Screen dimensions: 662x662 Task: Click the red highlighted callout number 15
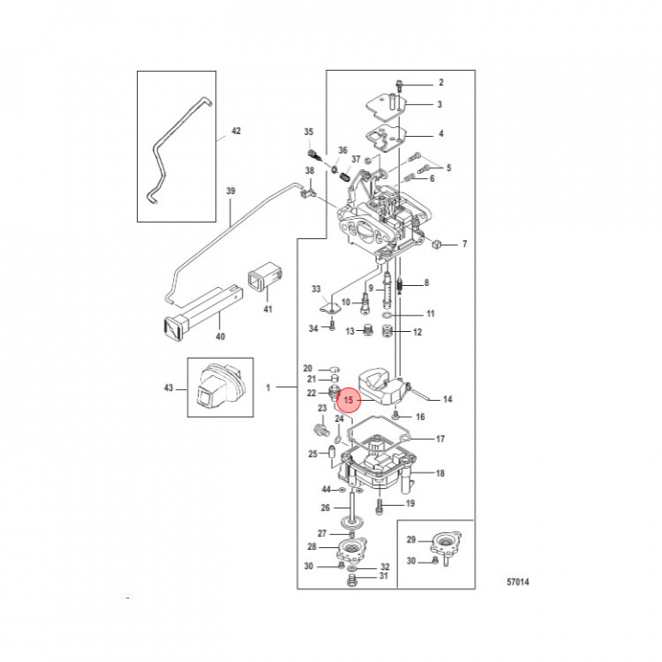(x=348, y=399)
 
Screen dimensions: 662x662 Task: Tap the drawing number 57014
(x=518, y=582)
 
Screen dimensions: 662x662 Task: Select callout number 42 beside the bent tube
(x=236, y=131)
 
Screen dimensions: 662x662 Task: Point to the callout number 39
(x=231, y=191)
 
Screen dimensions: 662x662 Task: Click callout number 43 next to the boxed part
(x=168, y=388)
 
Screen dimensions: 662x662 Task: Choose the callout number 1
(x=268, y=387)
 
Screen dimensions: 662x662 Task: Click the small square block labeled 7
(x=437, y=243)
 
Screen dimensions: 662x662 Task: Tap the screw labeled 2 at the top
(x=398, y=85)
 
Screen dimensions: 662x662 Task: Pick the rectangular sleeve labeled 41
(x=265, y=277)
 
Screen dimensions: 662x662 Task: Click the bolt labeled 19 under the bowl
(x=380, y=507)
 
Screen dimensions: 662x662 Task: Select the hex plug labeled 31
(x=351, y=582)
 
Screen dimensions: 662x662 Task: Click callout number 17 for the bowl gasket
(x=440, y=439)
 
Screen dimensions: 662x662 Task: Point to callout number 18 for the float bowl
(x=440, y=474)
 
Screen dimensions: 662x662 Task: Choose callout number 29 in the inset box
(x=411, y=540)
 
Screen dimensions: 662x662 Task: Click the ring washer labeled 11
(x=387, y=315)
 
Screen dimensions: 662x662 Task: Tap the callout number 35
(x=309, y=131)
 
